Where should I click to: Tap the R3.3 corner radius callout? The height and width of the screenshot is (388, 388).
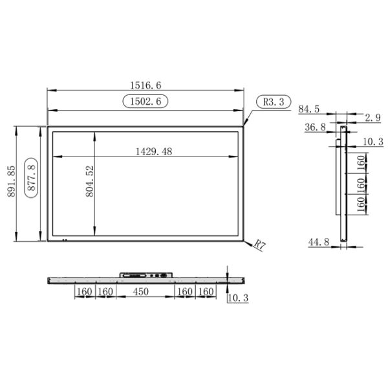click(274, 102)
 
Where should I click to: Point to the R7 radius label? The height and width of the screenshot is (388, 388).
click(259, 244)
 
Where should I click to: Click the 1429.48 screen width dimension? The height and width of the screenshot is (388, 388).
click(154, 151)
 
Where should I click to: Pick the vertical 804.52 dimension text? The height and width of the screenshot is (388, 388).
click(90, 181)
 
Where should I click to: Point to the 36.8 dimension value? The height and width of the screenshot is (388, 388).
click(314, 128)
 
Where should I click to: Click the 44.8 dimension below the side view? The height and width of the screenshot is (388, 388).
click(318, 242)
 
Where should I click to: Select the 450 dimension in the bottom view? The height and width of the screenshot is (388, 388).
click(141, 292)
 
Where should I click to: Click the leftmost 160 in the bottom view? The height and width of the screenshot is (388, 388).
click(84, 292)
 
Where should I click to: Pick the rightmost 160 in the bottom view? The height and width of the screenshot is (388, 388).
click(205, 292)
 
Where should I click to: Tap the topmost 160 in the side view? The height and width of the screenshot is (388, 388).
click(361, 162)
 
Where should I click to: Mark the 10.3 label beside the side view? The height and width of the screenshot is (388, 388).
click(372, 141)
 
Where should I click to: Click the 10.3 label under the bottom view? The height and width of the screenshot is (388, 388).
click(239, 298)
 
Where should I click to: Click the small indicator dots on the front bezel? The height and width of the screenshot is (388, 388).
click(63, 239)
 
